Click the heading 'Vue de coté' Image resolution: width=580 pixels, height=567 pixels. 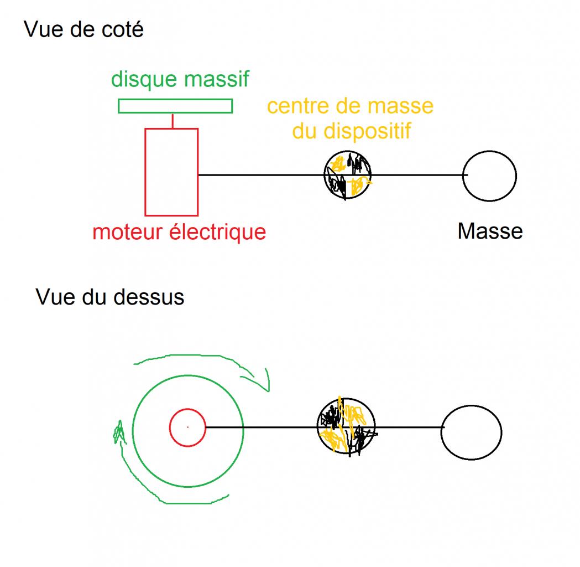84,29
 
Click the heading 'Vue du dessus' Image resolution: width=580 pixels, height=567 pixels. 109,297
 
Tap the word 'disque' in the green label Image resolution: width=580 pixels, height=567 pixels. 145,79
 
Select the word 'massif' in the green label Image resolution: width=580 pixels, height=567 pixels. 216,79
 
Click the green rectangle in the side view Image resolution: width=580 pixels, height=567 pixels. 175,106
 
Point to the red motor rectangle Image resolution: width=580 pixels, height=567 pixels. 171,172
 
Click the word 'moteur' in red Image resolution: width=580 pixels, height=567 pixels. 128,231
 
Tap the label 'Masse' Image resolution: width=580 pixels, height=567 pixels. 490,231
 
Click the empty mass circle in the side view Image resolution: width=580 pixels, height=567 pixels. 489,176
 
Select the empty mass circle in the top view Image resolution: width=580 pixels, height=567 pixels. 472,432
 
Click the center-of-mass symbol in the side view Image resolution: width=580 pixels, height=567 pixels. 347,175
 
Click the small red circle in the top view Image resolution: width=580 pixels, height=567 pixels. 187,427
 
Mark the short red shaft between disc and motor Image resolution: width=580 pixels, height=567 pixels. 173,121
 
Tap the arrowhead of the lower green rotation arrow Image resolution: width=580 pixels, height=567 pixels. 118,431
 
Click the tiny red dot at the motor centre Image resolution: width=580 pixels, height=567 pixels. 187,427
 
